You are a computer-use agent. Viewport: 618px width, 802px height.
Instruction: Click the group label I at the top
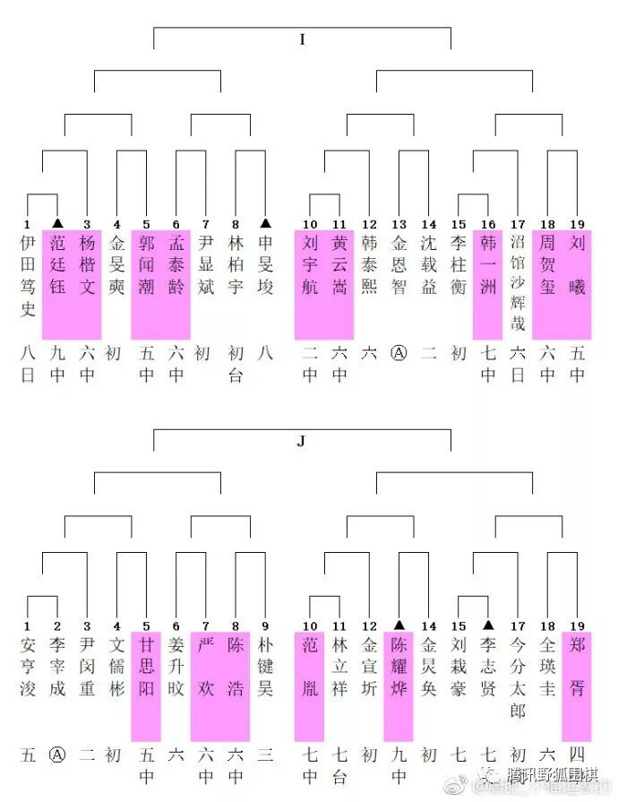[302, 39]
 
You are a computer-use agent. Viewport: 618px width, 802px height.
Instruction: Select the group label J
[302, 441]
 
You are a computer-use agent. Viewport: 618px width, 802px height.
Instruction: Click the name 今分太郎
[518, 677]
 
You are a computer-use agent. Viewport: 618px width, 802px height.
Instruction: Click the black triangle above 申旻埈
[265, 222]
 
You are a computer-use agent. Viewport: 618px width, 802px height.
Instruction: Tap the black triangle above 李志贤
[488, 625]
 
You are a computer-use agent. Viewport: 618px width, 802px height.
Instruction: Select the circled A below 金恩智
[399, 353]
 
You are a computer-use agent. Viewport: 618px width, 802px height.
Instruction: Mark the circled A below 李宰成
[57, 755]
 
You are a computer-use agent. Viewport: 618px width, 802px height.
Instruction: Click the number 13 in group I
[399, 224]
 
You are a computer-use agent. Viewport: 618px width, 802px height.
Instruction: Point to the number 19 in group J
[577, 625]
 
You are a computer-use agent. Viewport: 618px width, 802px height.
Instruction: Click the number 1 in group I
[28, 224]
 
